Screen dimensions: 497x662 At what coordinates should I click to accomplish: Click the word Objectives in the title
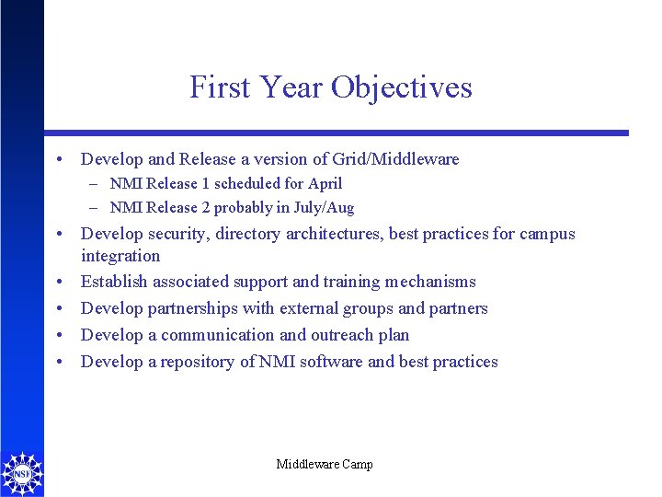[401, 87]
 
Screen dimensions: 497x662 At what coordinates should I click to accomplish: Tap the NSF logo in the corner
[22, 472]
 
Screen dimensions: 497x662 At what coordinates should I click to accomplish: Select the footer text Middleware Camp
[325, 465]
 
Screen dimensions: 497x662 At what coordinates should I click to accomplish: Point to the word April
[325, 183]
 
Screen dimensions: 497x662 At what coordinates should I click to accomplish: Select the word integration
[120, 256]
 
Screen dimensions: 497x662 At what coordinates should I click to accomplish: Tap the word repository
[198, 362]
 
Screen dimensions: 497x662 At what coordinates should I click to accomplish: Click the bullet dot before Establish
[60, 282]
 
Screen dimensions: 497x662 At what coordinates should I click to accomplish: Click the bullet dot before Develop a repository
[60, 362]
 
